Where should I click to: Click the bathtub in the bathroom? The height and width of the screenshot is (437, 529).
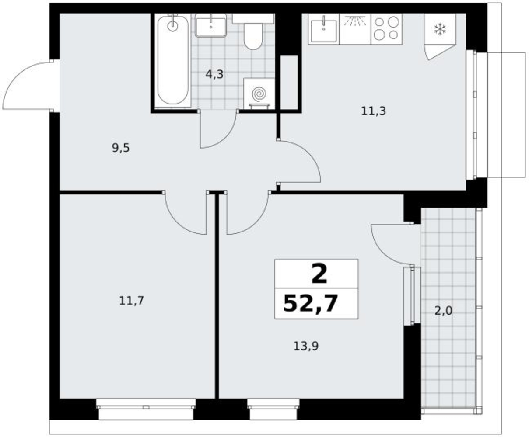pyautogui.click(x=173, y=60)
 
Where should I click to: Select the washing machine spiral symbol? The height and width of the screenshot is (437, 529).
pyautogui.click(x=259, y=94)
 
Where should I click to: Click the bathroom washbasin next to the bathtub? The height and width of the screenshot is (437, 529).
pyautogui.click(x=210, y=25)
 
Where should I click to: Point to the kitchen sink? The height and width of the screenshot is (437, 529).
pyautogui.click(x=323, y=29)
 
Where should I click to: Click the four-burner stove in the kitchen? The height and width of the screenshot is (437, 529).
pyautogui.click(x=387, y=29)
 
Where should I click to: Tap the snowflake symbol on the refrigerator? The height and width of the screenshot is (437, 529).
pyautogui.click(x=440, y=29)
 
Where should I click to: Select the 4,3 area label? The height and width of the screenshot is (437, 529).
pyautogui.click(x=214, y=74)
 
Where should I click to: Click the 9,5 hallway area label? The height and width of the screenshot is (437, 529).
pyautogui.click(x=121, y=148)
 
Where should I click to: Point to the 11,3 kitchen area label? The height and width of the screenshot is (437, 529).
pyautogui.click(x=373, y=111)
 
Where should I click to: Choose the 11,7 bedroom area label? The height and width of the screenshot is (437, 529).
pyautogui.click(x=132, y=301)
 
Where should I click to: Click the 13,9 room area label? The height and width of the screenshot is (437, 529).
pyautogui.click(x=306, y=346)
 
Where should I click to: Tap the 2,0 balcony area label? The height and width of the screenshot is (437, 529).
pyautogui.click(x=443, y=311)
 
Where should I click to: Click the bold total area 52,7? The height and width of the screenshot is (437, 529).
pyautogui.click(x=311, y=304)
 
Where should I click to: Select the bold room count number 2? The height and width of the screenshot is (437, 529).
pyautogui.click(x=319, y=274)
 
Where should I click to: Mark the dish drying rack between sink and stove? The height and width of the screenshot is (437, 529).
pyautogui.click(x=355, y=29)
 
